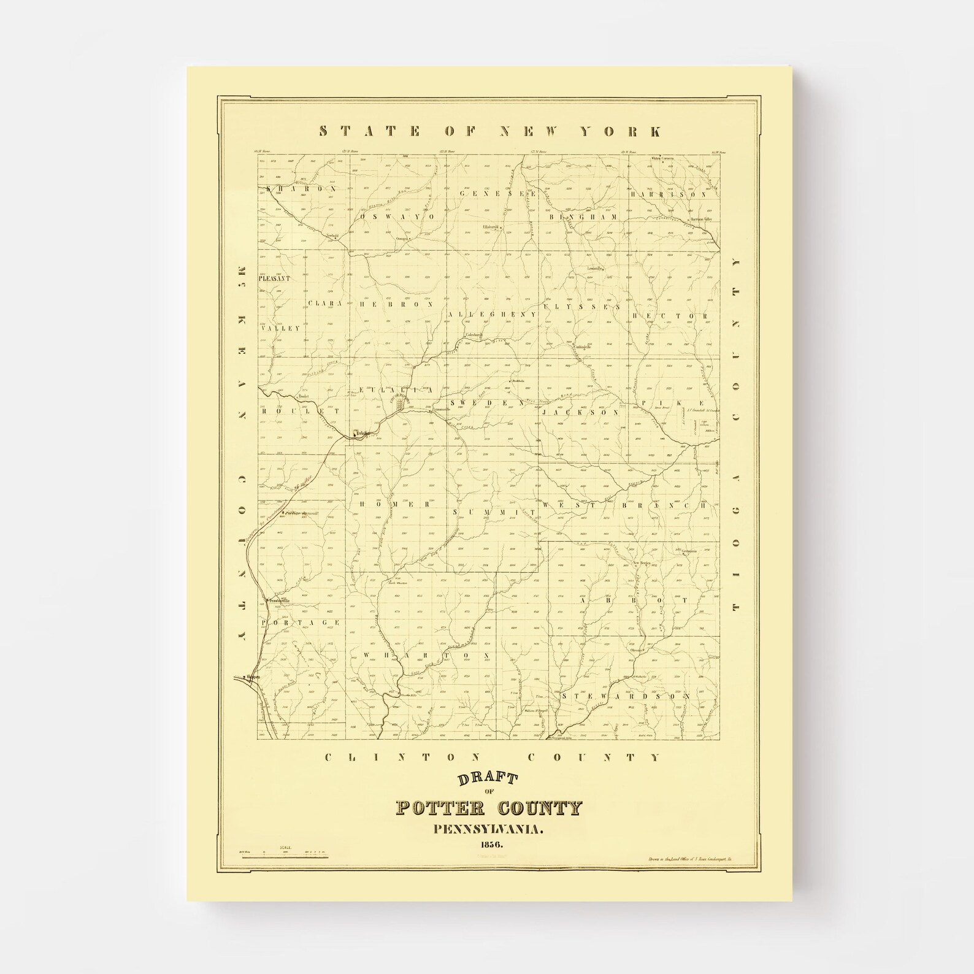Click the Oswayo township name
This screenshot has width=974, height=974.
[x=397, y=217]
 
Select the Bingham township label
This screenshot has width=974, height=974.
[x=582, y=217]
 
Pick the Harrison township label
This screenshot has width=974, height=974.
[x=667, y=193]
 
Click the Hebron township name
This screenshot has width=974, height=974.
[x=397, y=304]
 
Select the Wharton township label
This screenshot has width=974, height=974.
[x=426, y=655]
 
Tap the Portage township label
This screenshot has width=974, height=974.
[x=300, y=623]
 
